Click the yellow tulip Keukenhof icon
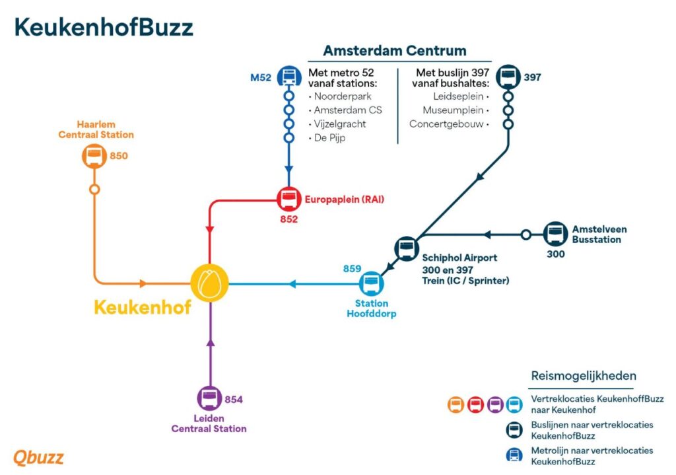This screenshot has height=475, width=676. click(x=209, y=283)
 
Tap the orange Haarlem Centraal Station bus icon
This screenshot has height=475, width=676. click(x=94, y=156)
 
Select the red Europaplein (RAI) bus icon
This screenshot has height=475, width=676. click(x=289, y=200)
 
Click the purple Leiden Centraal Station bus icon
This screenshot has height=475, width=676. click(x=209, y=398)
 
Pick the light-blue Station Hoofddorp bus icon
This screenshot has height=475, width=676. click(x=371, y=283)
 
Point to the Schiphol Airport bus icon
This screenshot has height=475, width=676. click(x=407, y=248)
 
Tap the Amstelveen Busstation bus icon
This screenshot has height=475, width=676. click(x=555, y=235)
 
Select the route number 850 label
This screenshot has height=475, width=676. click(x=119, y=156)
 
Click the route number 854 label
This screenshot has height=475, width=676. click(x=234, y=400)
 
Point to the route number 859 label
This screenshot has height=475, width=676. click(x=353, y=269)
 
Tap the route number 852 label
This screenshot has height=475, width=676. click(x=289, y=219)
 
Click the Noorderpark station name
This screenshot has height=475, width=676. click(x=343, y=96)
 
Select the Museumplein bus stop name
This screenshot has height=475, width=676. click(x=453, y=110)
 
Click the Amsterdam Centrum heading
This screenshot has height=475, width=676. click(x=395, y=50)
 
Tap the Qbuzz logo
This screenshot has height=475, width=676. click(x=38, y=458)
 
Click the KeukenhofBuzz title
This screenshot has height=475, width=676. click(x=104, y=27)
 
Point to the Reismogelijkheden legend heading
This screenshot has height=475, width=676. click(x=584, y=376)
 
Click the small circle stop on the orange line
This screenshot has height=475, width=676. click(x=94, y=190)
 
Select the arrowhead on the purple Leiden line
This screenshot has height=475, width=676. click(x=211, y=343)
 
